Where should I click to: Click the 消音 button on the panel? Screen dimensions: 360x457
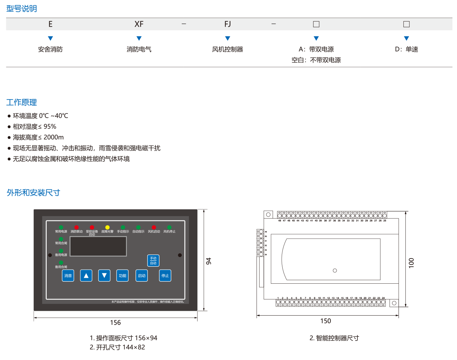[68, 276]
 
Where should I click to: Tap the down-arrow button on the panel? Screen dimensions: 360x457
[104, 276]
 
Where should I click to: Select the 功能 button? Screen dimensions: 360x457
[122, 276]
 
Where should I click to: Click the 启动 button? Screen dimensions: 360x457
[142, 276]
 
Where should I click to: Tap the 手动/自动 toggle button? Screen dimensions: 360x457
[153, 261]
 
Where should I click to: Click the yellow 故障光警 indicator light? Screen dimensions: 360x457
[107, 227]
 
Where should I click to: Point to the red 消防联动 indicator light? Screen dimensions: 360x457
[76, 227]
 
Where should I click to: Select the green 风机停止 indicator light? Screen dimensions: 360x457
[169, 227]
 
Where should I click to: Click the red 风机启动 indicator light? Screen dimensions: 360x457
[154, 227]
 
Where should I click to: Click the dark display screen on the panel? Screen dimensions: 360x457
[98, 246]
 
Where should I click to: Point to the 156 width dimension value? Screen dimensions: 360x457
[115, 322]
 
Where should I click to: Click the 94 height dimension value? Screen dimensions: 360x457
[209, 261]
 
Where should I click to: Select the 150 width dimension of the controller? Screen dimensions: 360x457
[325, 321]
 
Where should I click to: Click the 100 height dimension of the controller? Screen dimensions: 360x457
[411, 262]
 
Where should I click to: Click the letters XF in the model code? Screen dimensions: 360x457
[139, 24]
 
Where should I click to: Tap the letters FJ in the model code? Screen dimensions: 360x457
[228, 24]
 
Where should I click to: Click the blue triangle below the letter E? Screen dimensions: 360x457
[50, 38]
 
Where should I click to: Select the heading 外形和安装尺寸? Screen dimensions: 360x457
[33, 193]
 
